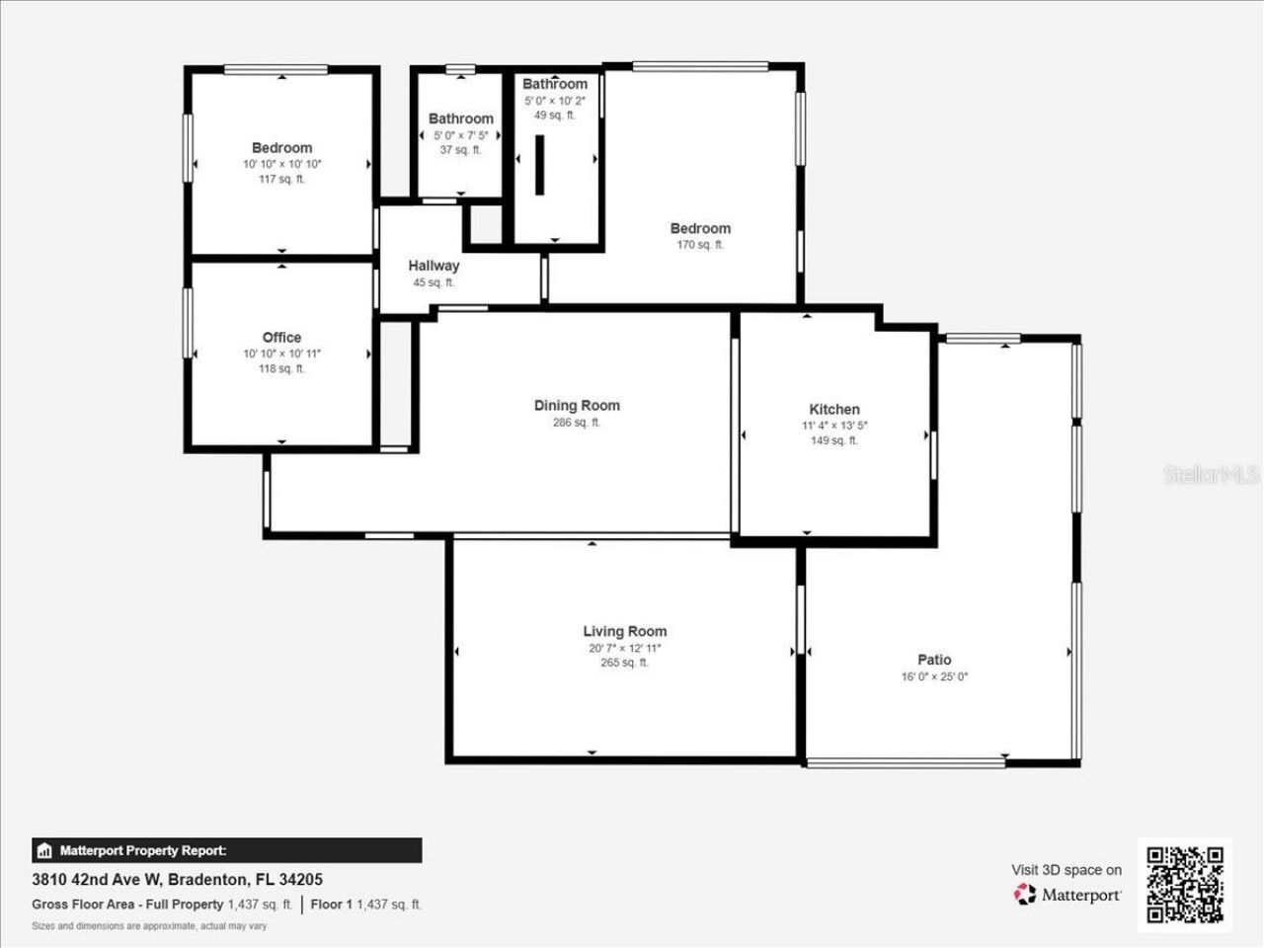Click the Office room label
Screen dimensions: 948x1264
pos(281,338)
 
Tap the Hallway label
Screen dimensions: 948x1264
pos(434,266)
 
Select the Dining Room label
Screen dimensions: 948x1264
pos(577,405)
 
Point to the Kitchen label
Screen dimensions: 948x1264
pos(834,409)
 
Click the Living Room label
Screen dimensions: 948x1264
pos(624,631)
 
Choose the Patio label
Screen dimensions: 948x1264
pos(934,660)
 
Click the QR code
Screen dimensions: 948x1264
pos(1185,885)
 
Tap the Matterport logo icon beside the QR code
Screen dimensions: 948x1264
pos(1025,895)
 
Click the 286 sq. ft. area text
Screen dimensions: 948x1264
pos(577,423)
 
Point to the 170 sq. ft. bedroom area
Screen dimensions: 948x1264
pos(700,245)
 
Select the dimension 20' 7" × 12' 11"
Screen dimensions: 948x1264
pos(624,649)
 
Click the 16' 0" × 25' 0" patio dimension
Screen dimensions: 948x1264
pos(934,677)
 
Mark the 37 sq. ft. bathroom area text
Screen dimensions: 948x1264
pos(460,150)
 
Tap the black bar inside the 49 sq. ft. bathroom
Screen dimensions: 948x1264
pos(540,164)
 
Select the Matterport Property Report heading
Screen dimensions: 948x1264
pos(142,850)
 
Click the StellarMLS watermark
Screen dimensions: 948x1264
pos(1212,475)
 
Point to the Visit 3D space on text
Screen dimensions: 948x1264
pos(1066,870)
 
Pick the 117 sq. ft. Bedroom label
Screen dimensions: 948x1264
pos(281,148)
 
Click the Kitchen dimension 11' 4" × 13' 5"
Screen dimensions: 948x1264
pos(834,426)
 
